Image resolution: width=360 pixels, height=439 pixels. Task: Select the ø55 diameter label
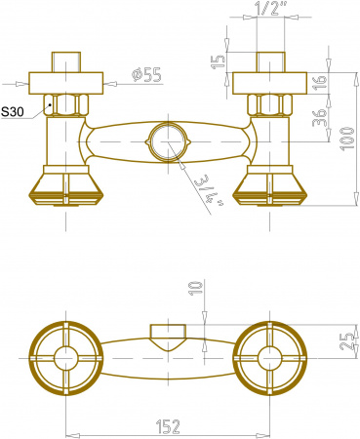(145, 73)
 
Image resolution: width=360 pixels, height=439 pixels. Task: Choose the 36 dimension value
(320, 120)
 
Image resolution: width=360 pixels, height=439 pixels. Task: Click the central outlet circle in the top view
(166, 142)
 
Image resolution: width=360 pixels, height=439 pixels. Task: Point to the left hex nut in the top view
(66, 104)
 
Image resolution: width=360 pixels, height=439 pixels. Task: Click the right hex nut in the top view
(264, 104)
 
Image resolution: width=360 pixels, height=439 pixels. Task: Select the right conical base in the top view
(264, 184)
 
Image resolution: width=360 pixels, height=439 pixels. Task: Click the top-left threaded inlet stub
(66, 60)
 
